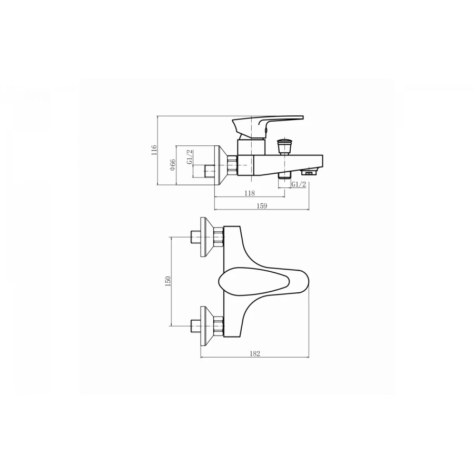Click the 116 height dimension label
(x=154, y=150)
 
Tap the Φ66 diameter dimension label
(x=173, y=165)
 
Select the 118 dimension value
(x=250, y=193)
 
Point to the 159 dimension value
(x=262, y=206)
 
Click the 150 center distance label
(x=169, y=281)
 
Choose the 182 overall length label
(x=255, y=353)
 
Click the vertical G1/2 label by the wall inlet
(x=190, y=157)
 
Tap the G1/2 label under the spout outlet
(x=299, y=184)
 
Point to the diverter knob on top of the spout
(x=284, y=146)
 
